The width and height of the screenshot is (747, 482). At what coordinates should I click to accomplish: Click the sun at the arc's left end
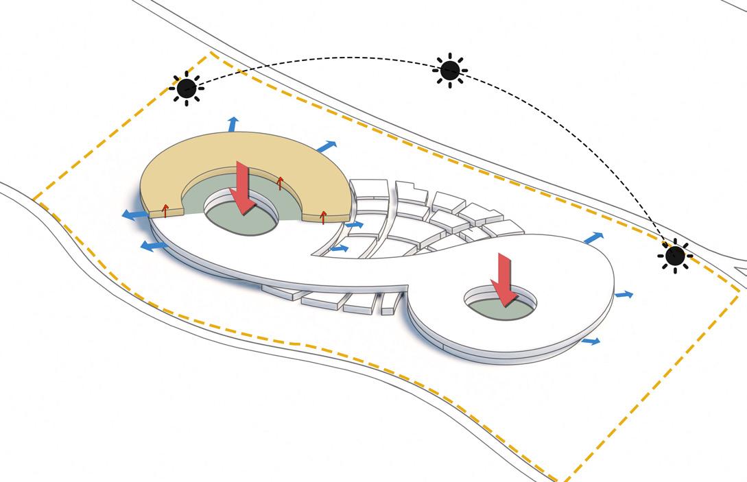[x=186, y=88]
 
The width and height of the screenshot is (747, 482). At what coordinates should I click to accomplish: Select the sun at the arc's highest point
[x=450, y=69]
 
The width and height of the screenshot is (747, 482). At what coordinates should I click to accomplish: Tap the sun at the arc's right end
[x=675, y=256]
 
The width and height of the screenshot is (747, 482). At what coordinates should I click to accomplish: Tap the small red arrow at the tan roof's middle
[x=280, y=182]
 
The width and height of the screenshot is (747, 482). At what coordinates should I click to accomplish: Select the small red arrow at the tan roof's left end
[x=165, y=210]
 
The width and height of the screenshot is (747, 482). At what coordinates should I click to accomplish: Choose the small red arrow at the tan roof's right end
[x=324, y=217]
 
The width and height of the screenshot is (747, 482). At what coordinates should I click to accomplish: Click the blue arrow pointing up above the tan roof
[x=233, y=124]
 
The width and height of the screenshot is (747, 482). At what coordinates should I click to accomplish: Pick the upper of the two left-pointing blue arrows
[x=134, y=215]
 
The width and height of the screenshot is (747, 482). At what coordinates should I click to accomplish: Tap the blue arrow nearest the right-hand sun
[x=594, y=238]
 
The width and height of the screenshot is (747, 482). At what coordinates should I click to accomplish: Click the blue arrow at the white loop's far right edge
[x=624, y=294]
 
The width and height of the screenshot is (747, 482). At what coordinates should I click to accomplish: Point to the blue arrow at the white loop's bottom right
[x=591, y=340]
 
